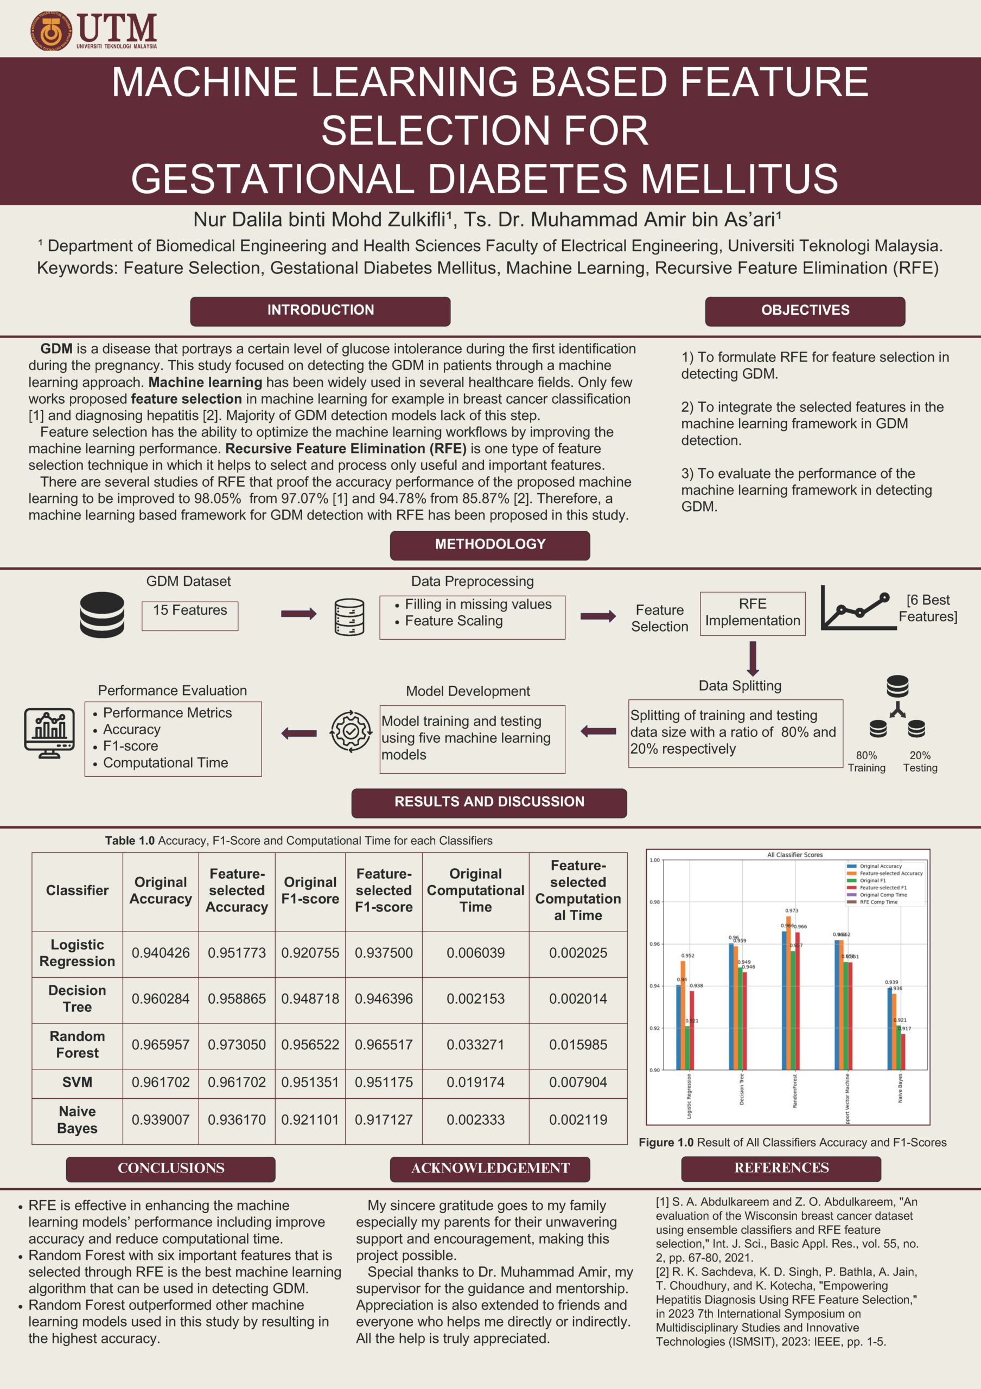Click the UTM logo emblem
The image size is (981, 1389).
(x=52, y=30)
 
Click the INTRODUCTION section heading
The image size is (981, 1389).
(x=320, y=310)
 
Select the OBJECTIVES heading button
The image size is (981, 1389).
(x=805, y=310)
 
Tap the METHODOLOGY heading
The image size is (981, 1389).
(x=490, y=544)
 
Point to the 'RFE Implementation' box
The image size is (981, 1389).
(x=753, y=613)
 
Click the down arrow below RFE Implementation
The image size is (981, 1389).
(x=753, y=658)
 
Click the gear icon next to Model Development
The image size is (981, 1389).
(x=351, y=732)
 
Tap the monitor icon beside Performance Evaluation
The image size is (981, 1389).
(x=49, y=732)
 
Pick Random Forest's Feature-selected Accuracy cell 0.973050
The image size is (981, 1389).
(x=237, y=1045)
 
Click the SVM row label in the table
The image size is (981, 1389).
(x=78, y=1082)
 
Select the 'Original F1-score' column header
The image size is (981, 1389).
(x=310, y=890)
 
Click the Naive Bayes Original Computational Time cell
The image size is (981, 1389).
(x=475, y=1120)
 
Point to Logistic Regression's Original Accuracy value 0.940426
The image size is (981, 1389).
(x=160, y=953)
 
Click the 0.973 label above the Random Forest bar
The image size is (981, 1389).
(x=792, y=910)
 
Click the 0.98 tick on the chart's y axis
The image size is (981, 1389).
(x=654, y=902)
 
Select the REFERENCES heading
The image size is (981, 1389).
(x=781, y=1168)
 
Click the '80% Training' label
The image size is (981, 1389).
(x=866, y=762)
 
